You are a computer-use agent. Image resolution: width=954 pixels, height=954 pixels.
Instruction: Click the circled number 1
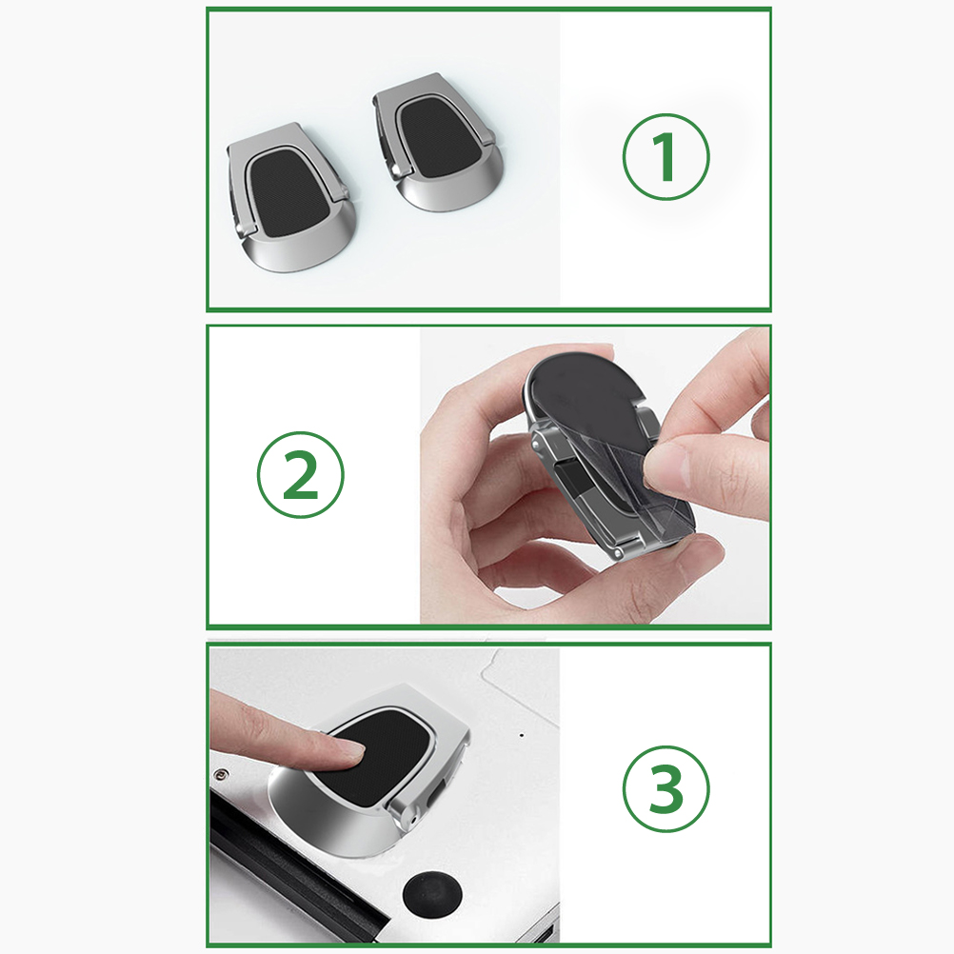[x=666, y=156]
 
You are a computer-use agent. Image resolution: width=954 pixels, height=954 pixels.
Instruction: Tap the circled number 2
[x=300, y=474]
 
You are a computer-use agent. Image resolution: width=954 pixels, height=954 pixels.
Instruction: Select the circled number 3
[x=666, y=788]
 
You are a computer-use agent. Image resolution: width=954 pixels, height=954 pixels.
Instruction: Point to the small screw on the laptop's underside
[x=220, y=774]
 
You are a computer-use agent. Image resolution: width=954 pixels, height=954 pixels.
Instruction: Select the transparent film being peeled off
[x=633, y=487]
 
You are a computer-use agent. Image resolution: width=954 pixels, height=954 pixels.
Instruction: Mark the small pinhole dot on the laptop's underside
[x=522, y=735]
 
